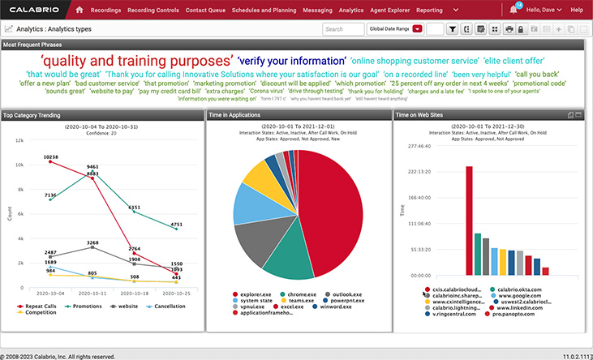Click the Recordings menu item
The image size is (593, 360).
(x=105, y=10)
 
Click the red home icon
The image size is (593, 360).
(x=79, y=10)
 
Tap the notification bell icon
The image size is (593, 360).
(x=514, y=11)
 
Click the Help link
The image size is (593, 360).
(x=577, y=10)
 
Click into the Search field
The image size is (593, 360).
(x=343, y=28)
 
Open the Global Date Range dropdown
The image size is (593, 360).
(x=394, y=28)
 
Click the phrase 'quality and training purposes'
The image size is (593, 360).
(x=137, y=61)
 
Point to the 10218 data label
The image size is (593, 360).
(x=50, y=156)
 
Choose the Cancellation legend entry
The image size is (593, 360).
(x=168, y=306)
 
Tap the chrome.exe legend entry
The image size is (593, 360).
(x=302, y=294)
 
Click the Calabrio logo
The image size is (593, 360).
(x=34, y=10)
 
